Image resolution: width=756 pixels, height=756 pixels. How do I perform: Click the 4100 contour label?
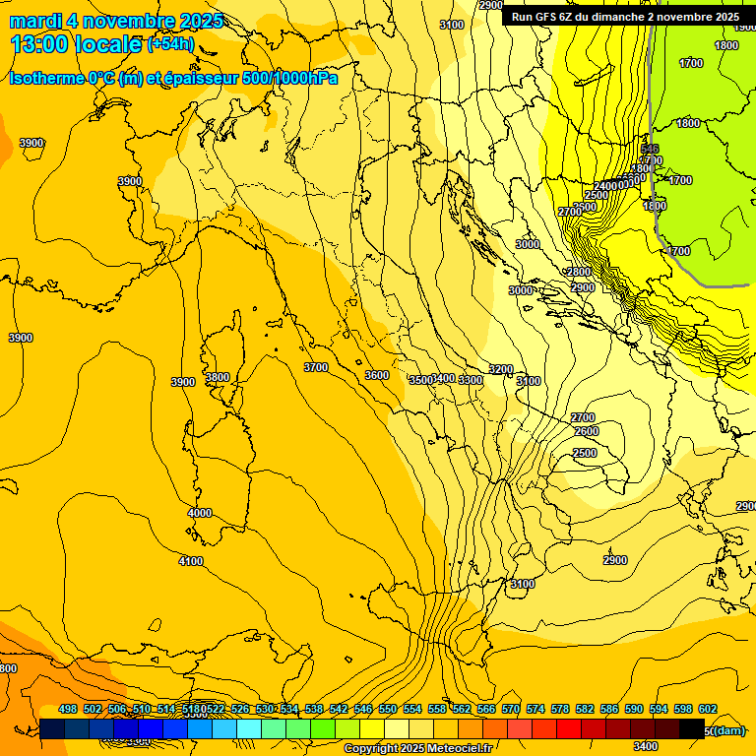click(x=190, y=561)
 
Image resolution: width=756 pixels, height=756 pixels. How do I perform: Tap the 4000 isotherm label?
click(x=200, y=513)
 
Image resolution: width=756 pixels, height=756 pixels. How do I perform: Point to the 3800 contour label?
click(x=217, y=377)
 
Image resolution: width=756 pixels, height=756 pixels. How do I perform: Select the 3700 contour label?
click(x=315, y=367)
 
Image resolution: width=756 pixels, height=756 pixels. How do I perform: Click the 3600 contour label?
click(x=376, y=375)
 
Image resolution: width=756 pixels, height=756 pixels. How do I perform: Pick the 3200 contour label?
click(x=501, y=370)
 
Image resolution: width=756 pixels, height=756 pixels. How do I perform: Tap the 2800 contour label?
click(x=579, y=272)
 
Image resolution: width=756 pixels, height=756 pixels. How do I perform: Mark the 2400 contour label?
click(x=606, y=186)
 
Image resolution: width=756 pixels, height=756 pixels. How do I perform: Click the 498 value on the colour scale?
click(x=68, y=709)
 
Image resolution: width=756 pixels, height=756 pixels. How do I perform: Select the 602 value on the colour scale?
click(x=707, y=709)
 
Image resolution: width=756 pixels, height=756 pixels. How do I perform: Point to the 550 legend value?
click(x=388, y=709)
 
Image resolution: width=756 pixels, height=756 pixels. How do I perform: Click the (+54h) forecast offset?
click(x=171, y=44)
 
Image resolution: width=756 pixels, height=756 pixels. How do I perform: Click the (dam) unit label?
click(x=727, y=731)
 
